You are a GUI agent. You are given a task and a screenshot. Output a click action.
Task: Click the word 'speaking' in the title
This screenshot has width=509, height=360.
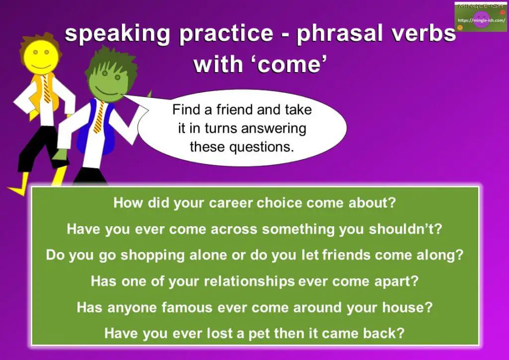click(117, 34)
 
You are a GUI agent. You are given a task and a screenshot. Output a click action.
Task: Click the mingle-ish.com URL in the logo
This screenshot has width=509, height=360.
click(481, 20)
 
